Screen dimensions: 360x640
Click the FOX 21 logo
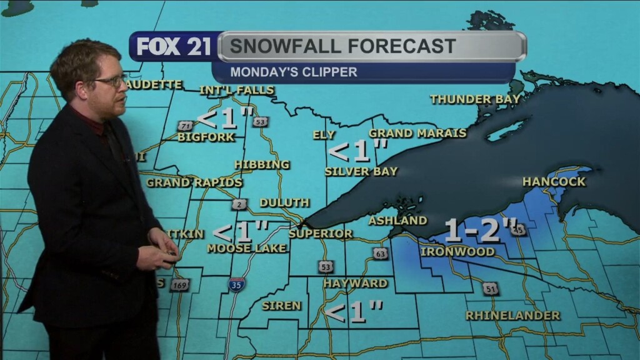[173, 47]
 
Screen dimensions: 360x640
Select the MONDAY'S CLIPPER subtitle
[294, 72]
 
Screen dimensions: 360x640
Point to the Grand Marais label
[417, 133]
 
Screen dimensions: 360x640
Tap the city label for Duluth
[284, 202]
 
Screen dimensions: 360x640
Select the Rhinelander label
[512, 316]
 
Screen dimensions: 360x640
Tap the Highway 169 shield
[179, 285]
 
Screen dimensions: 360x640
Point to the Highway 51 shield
[490, 289]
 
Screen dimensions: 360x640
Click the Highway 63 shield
[380, 253]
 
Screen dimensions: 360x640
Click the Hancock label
[554, 182]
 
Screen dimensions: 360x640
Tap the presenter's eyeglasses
[111, 81]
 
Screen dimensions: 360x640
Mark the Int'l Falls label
[237, 91]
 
